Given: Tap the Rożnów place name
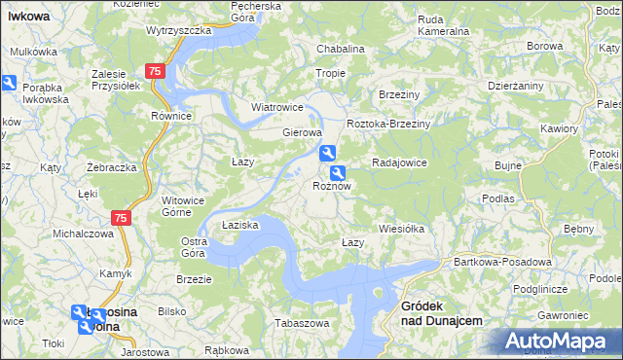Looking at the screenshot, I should pos(331,185).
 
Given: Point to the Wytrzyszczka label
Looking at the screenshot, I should pos(179,30).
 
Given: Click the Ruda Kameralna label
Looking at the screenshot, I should pos(443,24).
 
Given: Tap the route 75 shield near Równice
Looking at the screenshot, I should pos(155,72).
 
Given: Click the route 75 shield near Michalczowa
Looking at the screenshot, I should pos(120,219).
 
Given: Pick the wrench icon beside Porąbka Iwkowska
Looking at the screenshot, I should pos(8,85).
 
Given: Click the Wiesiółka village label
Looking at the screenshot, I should pos(402,230).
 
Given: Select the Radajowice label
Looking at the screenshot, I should pos(399,162).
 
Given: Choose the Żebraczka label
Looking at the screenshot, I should pos(110,167).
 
